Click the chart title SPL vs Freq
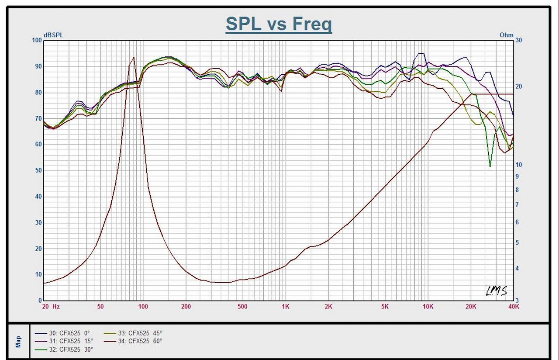279,24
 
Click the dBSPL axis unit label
53,35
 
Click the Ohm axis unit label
507,35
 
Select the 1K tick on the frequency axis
285,307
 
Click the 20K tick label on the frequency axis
471,307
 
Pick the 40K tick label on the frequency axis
514,307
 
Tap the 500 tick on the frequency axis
242,307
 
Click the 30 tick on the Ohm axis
519,40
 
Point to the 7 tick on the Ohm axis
517,205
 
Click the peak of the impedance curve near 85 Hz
133,57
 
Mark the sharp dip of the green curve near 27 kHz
490,166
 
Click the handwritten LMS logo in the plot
497,291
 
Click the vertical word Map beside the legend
18,342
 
